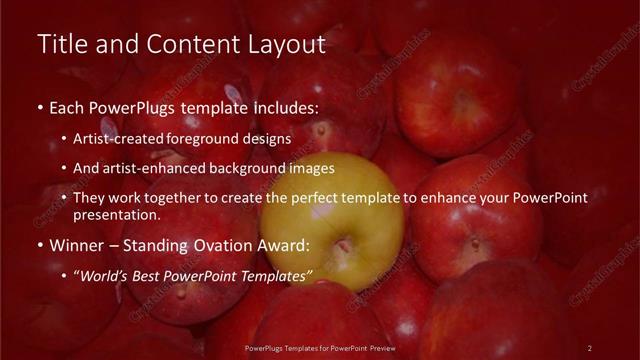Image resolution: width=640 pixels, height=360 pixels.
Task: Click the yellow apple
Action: [331, 236]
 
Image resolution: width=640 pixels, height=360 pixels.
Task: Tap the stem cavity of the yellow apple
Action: [342, 245]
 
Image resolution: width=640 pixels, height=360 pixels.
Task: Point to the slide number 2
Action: [589, 347]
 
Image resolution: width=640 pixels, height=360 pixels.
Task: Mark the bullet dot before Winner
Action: [39, 244]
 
